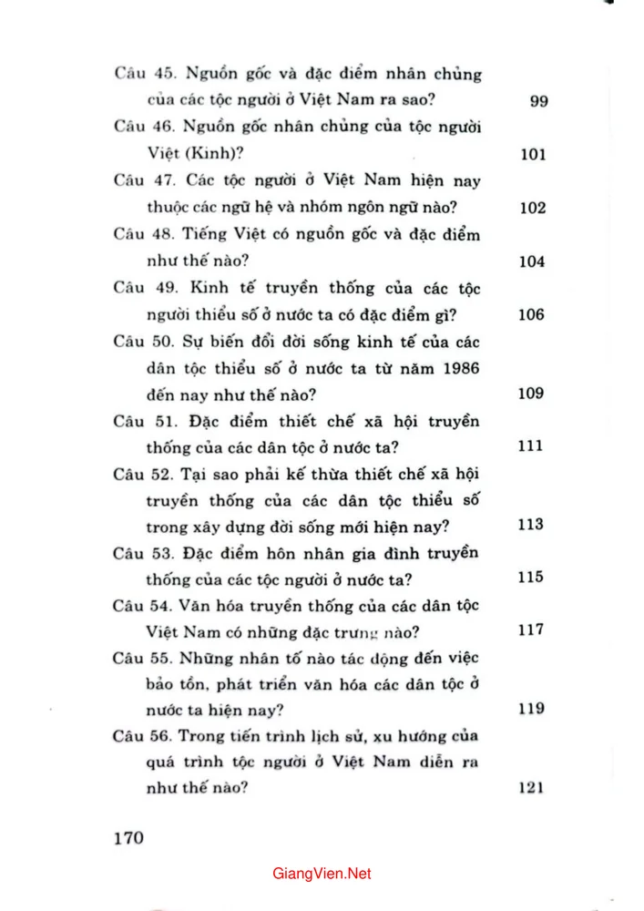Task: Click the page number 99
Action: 537,101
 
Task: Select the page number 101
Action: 533,154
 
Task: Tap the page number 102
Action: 533,208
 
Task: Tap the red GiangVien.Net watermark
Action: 322,874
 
